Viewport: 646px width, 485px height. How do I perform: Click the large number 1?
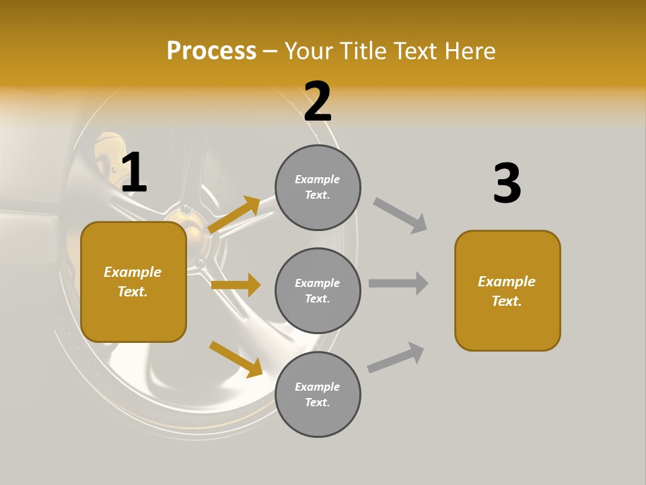tap(134, 172)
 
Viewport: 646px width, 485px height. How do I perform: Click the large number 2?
tap(318, 102)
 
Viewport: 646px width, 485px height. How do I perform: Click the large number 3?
tap(507, 183)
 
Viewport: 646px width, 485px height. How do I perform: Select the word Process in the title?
tap(211, 51)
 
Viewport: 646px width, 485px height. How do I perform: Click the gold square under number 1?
tap(133, 282)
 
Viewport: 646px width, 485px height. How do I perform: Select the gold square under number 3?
tap(507, 291)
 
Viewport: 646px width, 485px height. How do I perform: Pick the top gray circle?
tap(318, 187)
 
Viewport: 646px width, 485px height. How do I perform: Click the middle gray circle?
tap(318, 290)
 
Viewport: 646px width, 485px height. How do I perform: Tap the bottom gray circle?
tap(318, 394)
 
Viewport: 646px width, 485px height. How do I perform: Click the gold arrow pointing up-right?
tap(234, 215)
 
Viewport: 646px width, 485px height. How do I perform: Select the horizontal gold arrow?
tap(236, 285)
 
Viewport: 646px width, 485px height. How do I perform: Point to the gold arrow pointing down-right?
tap(236, 359)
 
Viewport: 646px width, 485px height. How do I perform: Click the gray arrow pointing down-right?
tap(400, 216)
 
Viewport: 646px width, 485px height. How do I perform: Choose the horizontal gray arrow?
tap(398, 283)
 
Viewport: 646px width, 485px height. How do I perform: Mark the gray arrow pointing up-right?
tap(396, 357)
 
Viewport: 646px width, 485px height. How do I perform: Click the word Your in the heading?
tap(308, 51)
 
